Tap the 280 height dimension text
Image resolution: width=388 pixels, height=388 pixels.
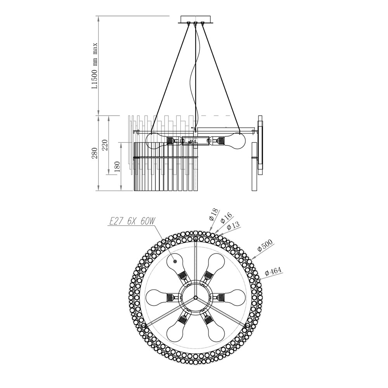tap(95, 153)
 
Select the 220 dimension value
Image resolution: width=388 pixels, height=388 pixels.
tap(105, 145)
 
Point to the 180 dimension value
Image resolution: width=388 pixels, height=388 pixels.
tap(117, 166)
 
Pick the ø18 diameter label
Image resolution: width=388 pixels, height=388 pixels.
tap(214, 215)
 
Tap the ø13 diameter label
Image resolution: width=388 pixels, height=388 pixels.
tap(233, 225)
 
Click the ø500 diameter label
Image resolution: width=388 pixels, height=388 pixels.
tap(265, 245)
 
